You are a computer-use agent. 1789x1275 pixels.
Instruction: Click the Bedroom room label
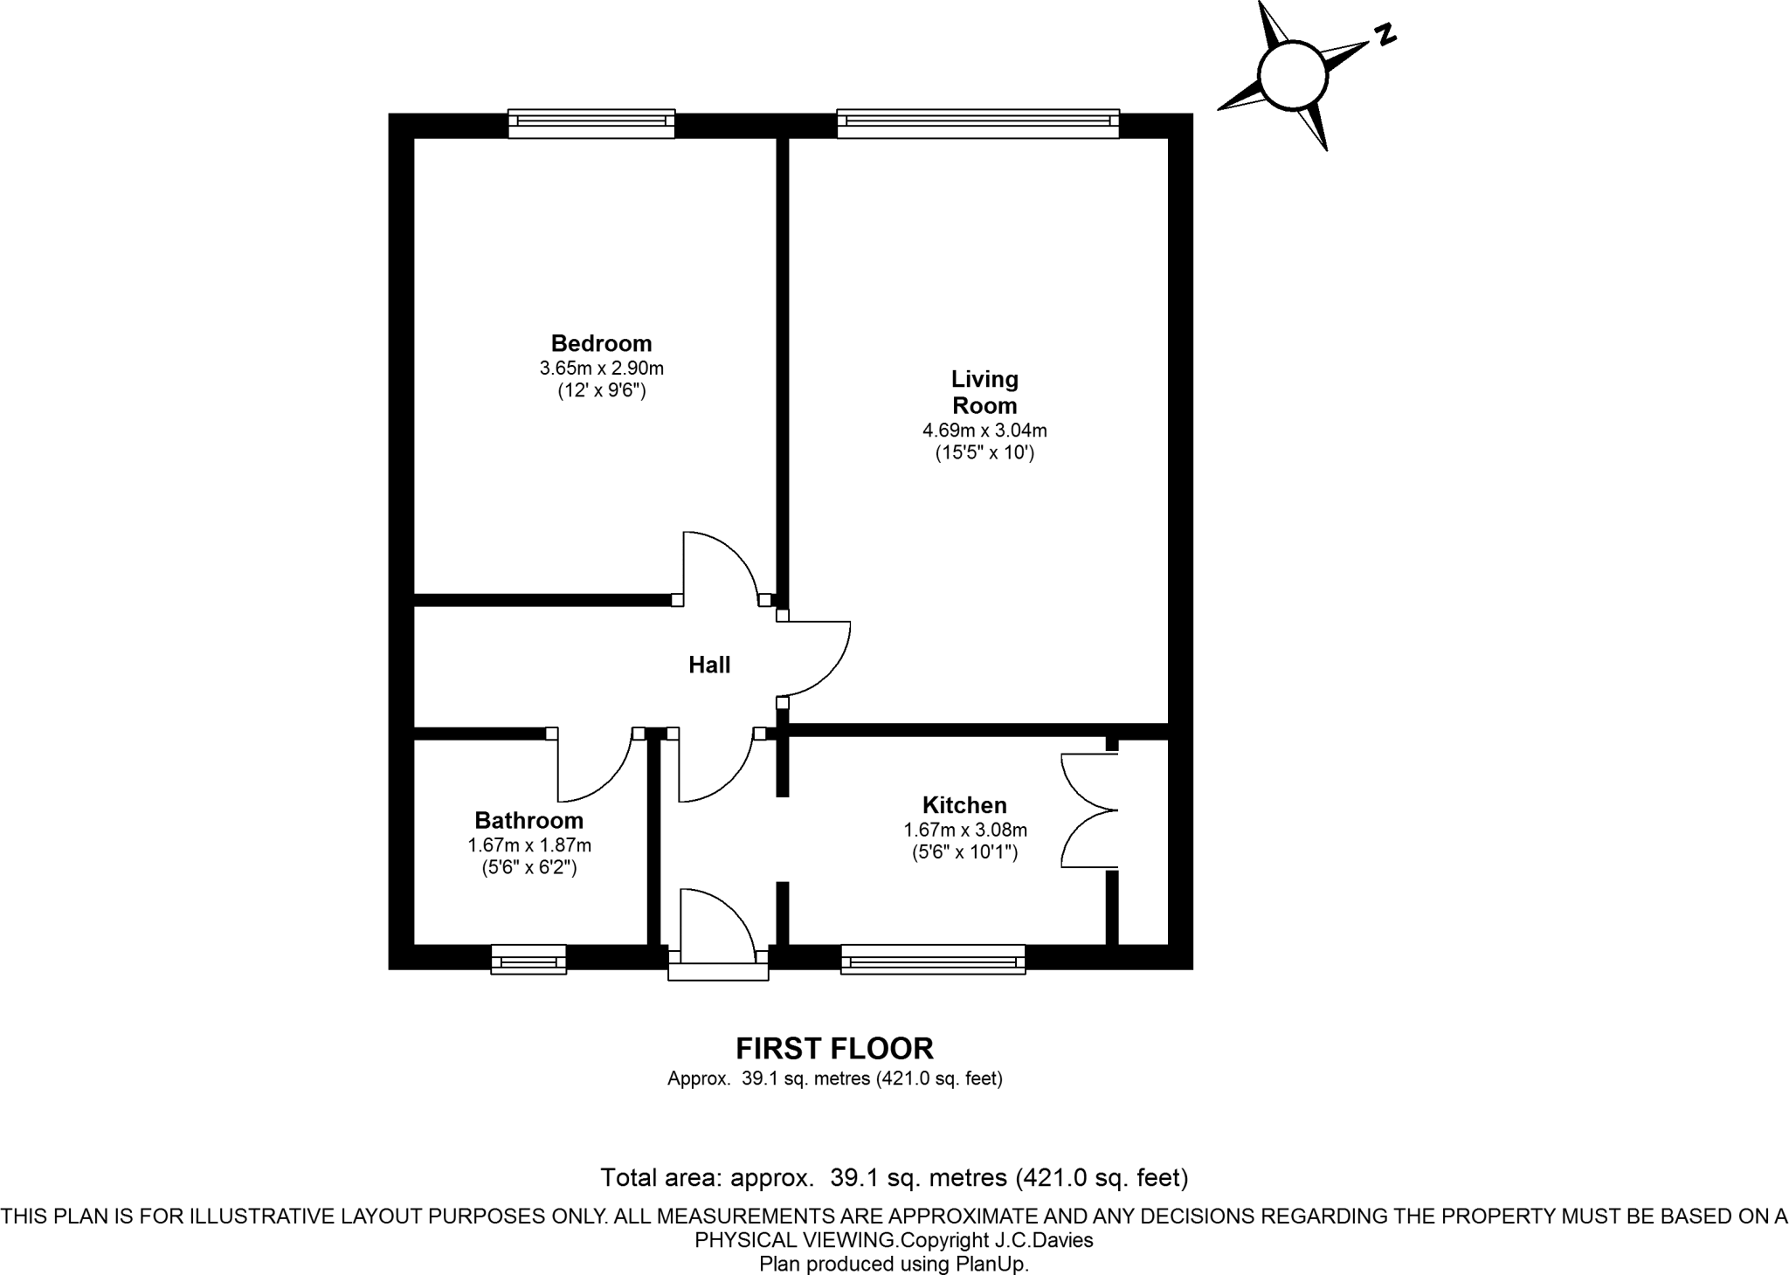coord(601,343)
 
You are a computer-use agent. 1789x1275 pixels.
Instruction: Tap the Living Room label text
coord(984,392)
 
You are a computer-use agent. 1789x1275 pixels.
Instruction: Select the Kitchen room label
coord(964,805)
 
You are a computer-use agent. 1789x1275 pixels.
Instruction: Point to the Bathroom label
coord(528,821)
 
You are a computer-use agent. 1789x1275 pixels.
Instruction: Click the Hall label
coord(709,665)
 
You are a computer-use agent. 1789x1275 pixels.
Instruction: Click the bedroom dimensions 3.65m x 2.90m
coord(601,369)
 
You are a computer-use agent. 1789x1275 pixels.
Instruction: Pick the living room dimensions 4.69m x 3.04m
coord(984,431)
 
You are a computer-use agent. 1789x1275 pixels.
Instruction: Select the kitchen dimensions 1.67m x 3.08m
coord(964,830)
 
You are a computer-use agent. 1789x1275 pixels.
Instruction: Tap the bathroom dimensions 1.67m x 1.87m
coord(528,845)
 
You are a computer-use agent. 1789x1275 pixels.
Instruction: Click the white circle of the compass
coord(1293,76)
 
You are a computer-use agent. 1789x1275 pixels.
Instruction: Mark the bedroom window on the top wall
coord(591,123)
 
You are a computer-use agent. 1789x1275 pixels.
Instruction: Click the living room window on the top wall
coord(977,123)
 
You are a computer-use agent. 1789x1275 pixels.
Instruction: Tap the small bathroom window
coord(528,960)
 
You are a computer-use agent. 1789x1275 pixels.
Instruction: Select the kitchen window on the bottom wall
coord(932,960)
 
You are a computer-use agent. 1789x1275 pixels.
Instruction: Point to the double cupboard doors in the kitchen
coord(1088,810)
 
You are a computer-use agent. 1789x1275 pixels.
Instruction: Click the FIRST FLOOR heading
coord(834,1048)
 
